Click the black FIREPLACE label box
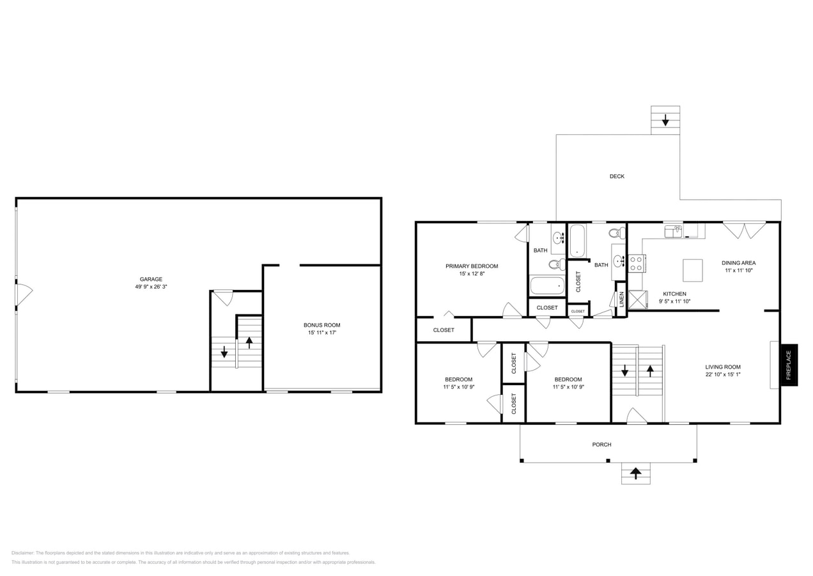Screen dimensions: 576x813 pos(789,365)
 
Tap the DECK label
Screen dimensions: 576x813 pos(617,176)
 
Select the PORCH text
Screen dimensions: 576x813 pos(601,444)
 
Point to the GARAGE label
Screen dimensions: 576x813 pos(151,279)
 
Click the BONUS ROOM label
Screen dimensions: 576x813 pos(321,325)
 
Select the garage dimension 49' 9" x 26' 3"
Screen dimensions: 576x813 pos(151,287)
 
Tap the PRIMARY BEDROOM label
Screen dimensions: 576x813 pos(472,266)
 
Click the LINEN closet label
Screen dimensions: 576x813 pos(621,300)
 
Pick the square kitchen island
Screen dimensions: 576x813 pos(692,270)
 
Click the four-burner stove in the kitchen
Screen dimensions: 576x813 pos(637,263)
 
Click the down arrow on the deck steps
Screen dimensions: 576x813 pos(665,120)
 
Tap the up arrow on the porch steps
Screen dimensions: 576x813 pos(635,473)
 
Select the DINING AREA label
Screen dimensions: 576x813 pos(738,262)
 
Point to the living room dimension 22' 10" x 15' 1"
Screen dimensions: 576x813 pos(723,375)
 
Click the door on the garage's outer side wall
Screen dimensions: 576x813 pos(23,294)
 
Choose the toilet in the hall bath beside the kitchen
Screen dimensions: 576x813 pos(617,233)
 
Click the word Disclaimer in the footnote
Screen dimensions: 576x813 pos(22,553)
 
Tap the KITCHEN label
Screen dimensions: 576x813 pos(674,294)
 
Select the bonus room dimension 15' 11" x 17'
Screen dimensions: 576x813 pos(321,333)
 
